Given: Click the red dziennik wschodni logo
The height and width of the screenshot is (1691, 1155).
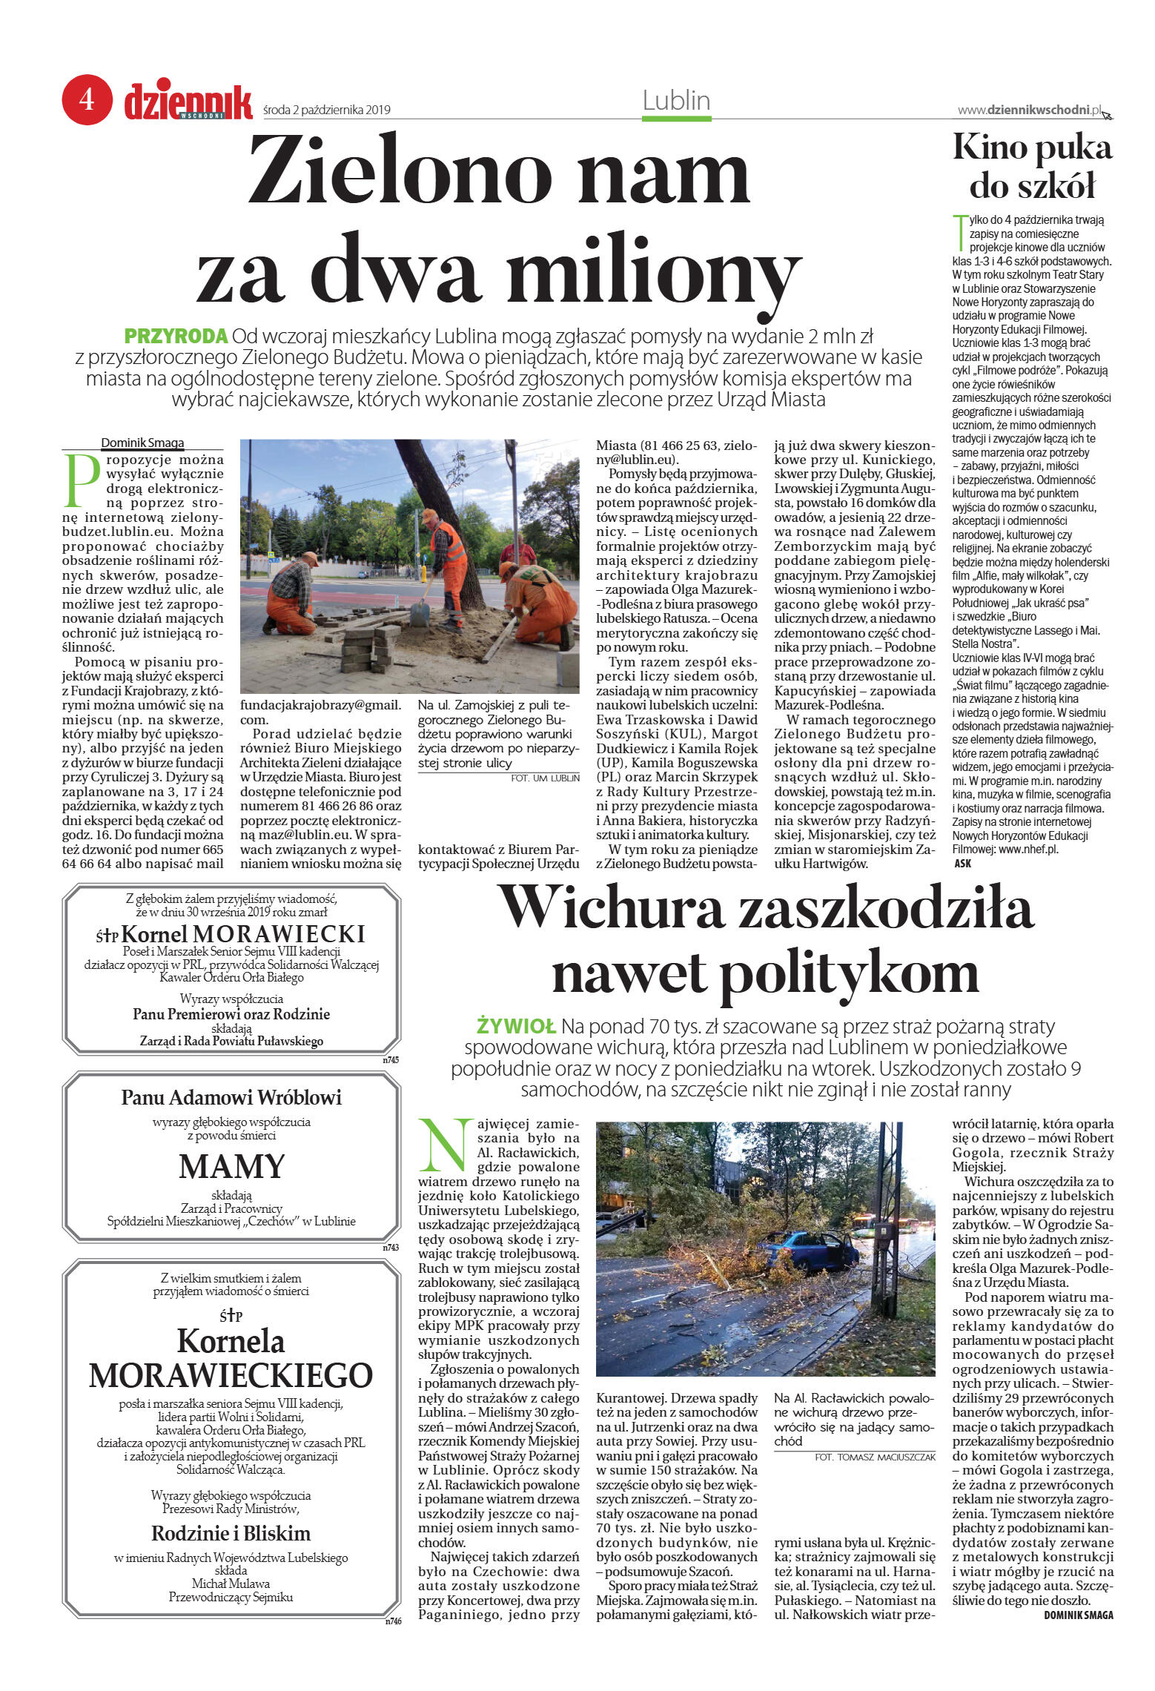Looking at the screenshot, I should (x=188, y=102).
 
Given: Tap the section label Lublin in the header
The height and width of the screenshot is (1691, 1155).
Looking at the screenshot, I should (x=675, y=100).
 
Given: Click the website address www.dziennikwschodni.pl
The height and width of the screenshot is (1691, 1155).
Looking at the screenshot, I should (x=1030, y=110).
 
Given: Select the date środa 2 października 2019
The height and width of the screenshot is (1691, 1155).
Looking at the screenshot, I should (x=327, y=110).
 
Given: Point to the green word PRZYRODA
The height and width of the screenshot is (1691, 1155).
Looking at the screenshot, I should (x=176, y=336).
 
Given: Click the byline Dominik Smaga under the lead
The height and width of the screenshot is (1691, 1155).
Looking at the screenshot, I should (x=142, y=443).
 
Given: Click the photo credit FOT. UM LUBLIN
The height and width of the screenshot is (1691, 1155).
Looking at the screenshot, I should (x=545, y=778).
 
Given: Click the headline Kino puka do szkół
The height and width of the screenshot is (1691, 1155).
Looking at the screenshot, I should (x=1032, y=166).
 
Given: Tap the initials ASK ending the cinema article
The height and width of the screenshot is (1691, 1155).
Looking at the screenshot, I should (x=962, y=863).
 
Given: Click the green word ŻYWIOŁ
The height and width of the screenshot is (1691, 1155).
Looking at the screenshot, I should (x=516, y=1027).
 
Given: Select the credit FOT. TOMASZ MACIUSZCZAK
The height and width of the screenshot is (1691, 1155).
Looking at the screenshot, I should (x=874, y=1457).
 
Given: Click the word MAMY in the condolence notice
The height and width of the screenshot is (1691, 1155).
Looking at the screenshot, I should (x=231, y=1166).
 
